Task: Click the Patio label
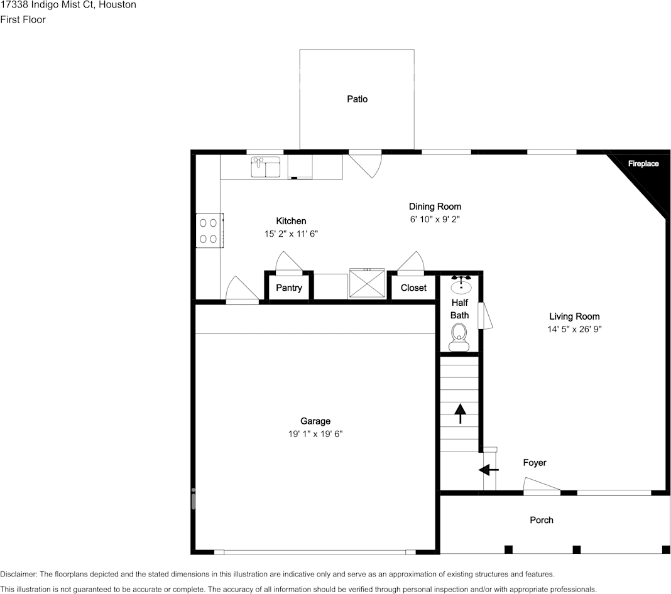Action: (357, 99)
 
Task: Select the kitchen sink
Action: (266, 168)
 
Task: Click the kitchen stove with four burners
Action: (209, 230)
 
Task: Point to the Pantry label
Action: (289, 288)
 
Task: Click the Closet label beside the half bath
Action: (413, 288)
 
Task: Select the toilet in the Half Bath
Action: (459, 335)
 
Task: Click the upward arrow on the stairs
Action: (460, 413)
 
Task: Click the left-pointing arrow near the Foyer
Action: (489, 470)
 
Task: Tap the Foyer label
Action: (535, 463)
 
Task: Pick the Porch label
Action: (542, 520)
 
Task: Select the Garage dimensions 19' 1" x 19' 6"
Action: (315, 434)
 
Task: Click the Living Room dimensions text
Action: (574, 329)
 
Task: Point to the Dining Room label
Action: (435, 207)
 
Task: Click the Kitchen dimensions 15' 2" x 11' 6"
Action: (292, 234)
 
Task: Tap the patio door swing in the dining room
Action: (366, 163)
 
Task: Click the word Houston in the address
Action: (118, 5)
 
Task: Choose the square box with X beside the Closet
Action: (367, 285)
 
